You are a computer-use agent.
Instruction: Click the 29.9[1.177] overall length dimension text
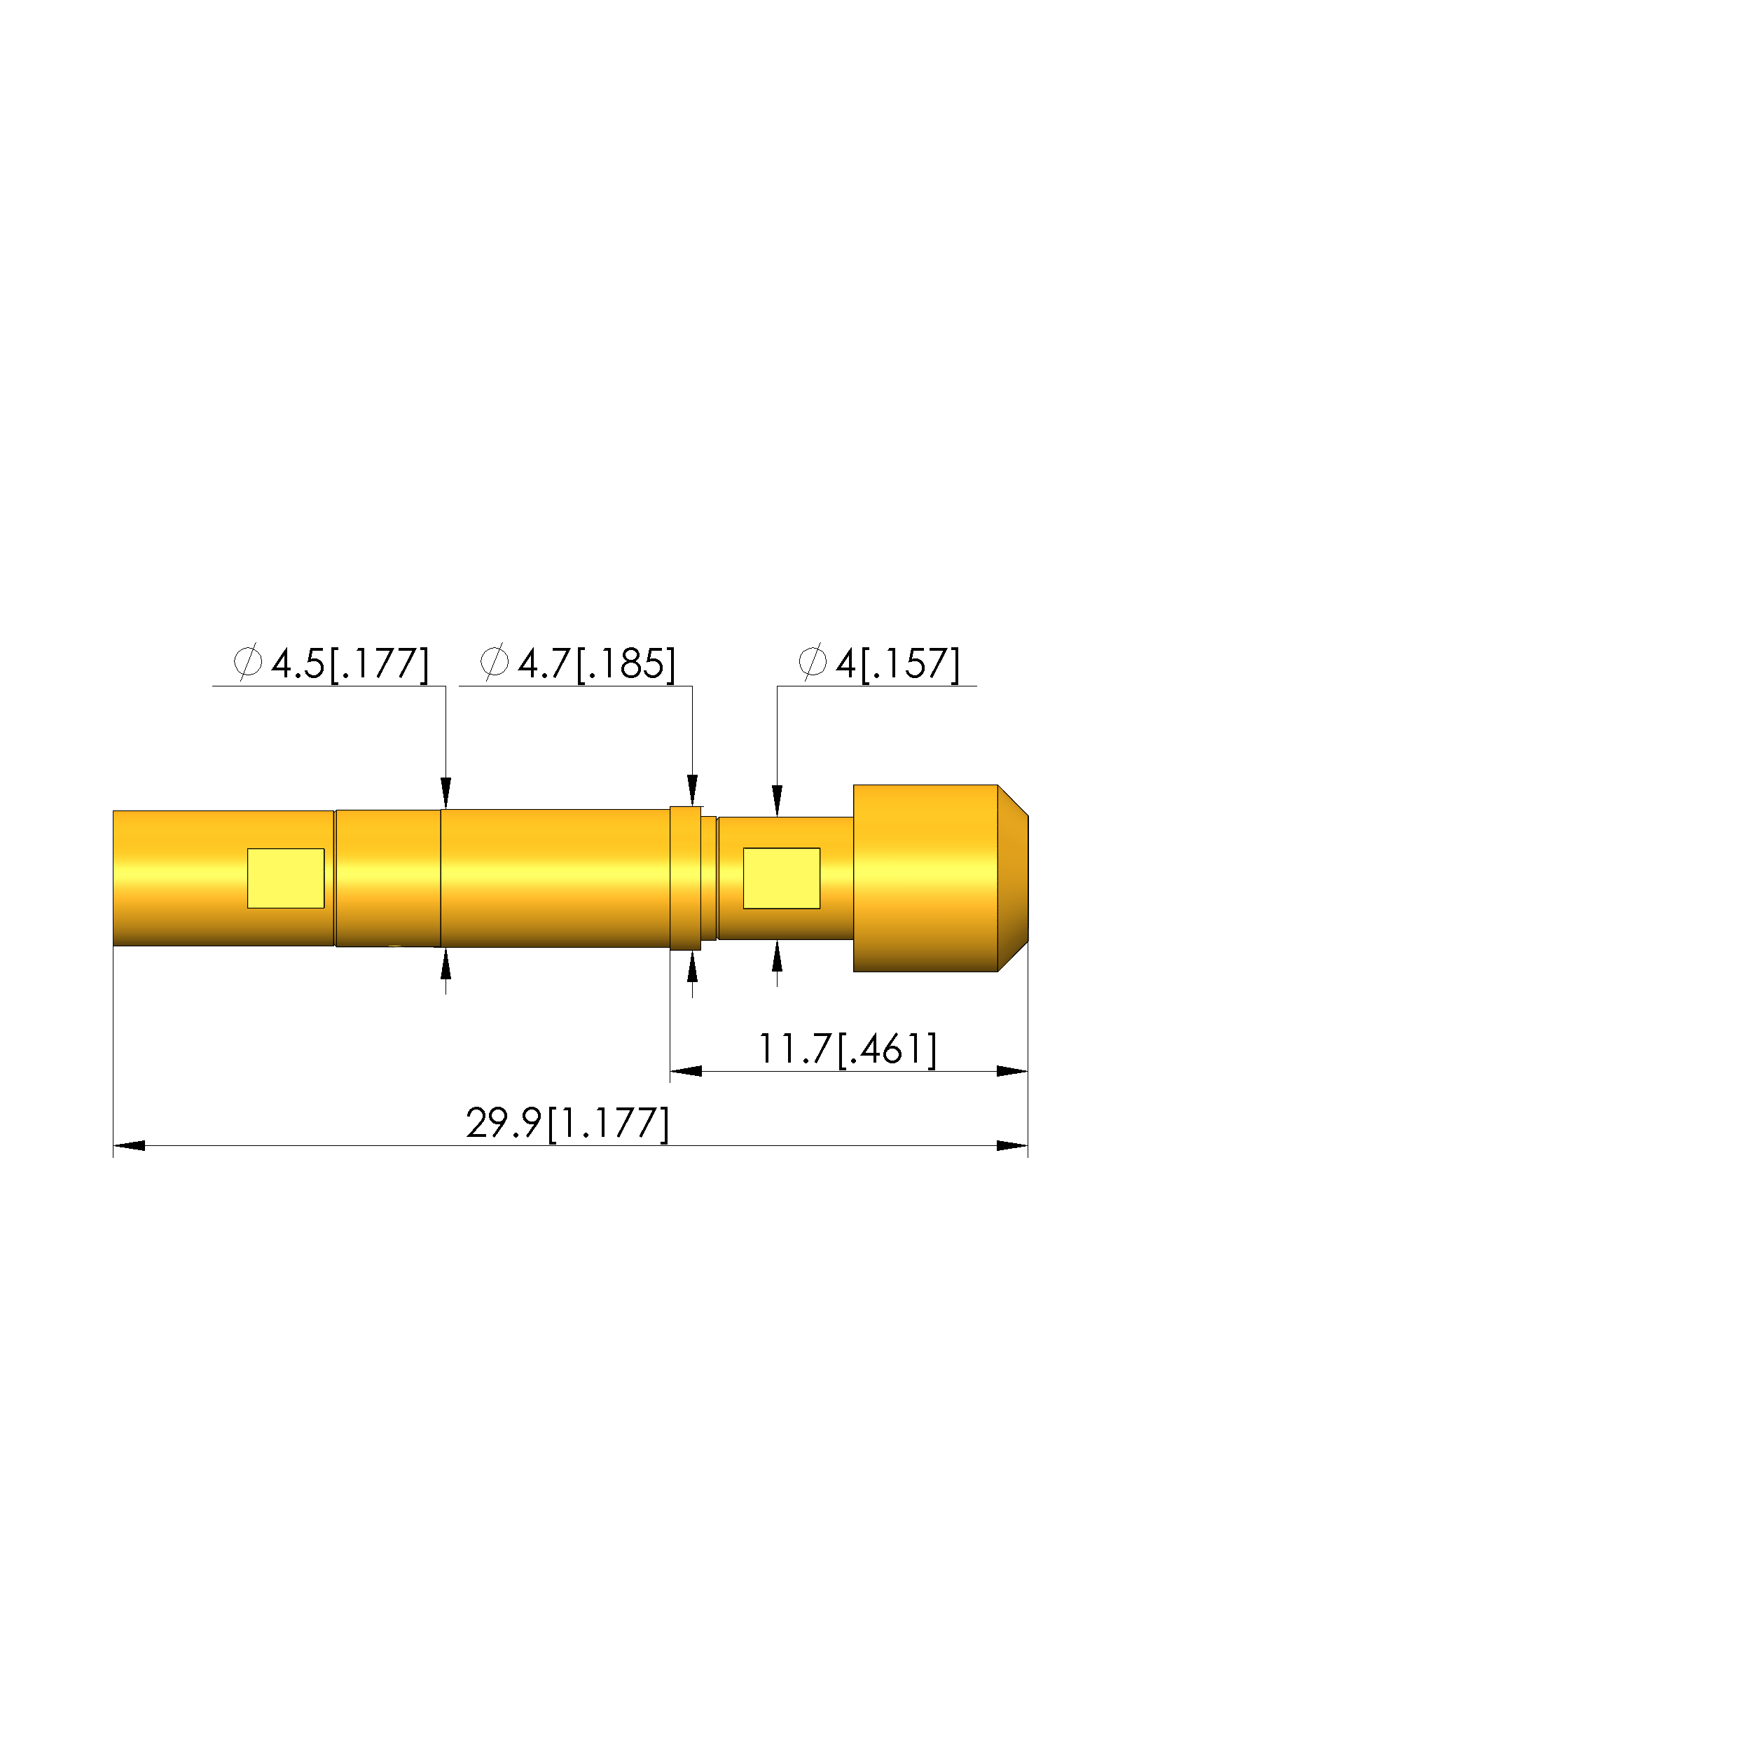tap(567, 1123)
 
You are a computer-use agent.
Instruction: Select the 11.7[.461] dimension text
tap(847, 1049)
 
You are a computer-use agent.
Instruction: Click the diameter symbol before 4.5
tap(248, 662)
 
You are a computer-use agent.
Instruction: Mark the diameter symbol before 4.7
tap(495, 662)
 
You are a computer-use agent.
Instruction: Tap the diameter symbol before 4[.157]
tap(813, 662)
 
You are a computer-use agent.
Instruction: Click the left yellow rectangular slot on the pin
tap(286, 878)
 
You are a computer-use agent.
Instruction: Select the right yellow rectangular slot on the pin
tap(782, 878)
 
